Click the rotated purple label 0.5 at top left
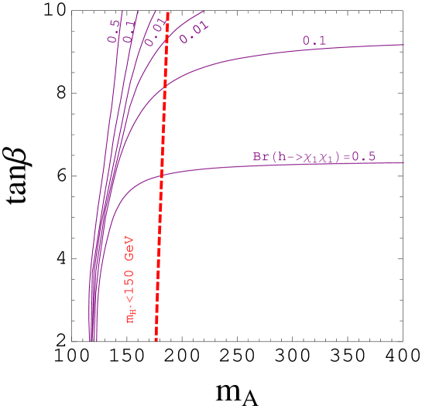[114, 30]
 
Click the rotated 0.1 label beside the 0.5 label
[129, 30]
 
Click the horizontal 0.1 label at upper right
[314, 41]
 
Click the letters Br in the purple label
[260, 156]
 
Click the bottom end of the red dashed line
[156, 339]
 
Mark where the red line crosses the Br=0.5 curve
[162, 176]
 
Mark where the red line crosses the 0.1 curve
[165, 87]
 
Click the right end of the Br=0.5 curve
[403, 162]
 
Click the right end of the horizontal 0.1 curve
[403, 45]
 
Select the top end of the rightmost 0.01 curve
[203, 12]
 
